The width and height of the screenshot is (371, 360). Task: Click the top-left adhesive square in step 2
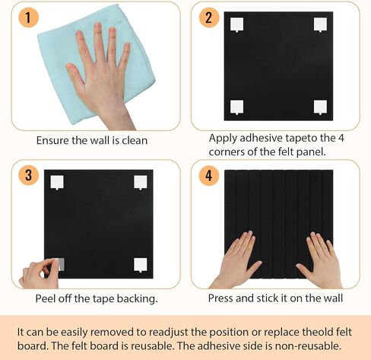coord(237,25)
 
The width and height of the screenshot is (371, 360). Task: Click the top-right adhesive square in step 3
coord(141,182)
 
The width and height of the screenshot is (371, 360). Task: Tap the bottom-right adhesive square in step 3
coord(141,264)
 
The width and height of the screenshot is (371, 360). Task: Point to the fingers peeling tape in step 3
coord(38,272)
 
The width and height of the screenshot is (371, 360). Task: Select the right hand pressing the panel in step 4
coord(319,259)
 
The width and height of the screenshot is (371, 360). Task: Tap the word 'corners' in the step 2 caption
coord(229,151)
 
